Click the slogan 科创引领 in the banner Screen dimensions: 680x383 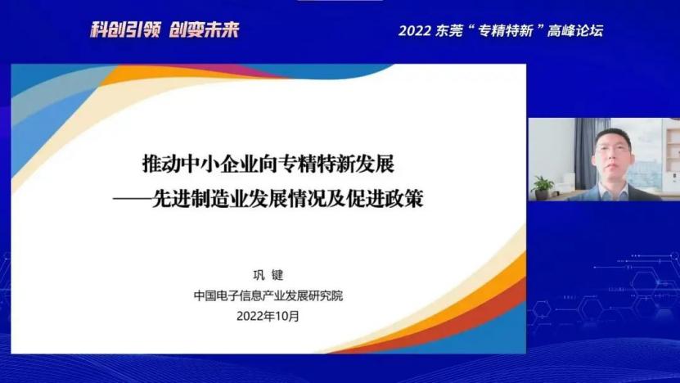click(125, 29)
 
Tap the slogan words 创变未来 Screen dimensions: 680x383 click(204, 29)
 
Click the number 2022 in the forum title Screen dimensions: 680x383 click(415, 31)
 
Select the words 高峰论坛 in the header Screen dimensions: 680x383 click(575, 31)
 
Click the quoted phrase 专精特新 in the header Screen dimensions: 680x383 click(505, 31)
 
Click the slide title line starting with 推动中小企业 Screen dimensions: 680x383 click(268, 164)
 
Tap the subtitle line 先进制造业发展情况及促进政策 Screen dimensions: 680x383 click(287, 199)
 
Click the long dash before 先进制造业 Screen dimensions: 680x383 click(133, 199)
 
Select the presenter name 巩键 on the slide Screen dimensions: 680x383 click(268, 274)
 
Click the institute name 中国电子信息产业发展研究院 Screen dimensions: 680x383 click(268, 295)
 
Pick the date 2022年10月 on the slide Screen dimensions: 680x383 click(268, 316)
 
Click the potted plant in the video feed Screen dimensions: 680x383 click(542, 187)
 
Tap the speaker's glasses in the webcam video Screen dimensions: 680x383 click(612, 148)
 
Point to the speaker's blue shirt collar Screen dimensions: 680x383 click(613, 190)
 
